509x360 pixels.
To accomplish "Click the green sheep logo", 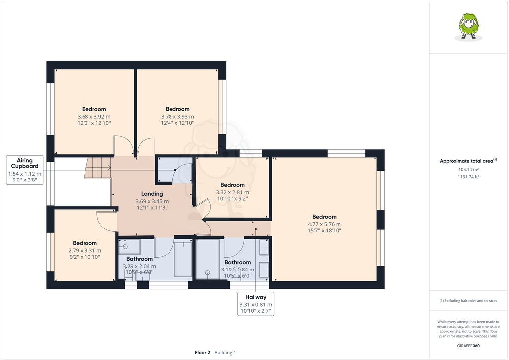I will pos(468,27).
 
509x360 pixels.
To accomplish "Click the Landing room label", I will pos(152,194).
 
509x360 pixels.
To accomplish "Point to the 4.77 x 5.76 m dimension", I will pos(324,224).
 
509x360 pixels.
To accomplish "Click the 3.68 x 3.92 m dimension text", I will pos(94,116).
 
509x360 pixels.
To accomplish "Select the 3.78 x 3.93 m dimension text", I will pos(177,116).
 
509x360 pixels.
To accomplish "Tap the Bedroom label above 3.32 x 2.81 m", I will pos(232,185).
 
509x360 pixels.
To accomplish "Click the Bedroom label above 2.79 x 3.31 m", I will pos(85,243).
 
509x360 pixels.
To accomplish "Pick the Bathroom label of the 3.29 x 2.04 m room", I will pos(139,259).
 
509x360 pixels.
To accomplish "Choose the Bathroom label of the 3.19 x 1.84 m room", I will pos(237,262).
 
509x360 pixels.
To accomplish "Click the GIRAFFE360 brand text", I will pos(468,346).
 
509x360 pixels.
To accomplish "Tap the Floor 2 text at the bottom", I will pos(203,352).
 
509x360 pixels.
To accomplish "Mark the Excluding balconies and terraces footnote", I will pos(468,301).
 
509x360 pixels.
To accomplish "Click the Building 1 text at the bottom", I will pos(225,352).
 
